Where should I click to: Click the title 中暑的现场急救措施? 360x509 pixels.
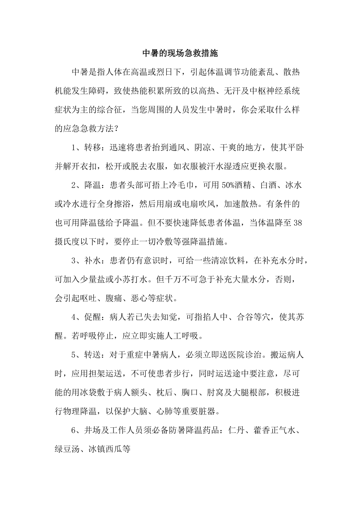pyautogui.click(x=180, y=54)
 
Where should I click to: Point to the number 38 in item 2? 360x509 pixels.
pyautogui.click(x=297, y=222)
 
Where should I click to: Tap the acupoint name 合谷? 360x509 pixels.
pyautogui.click(x=247, y=317)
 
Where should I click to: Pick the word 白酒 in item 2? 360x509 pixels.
pyautogui.click(x=263, y=186)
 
